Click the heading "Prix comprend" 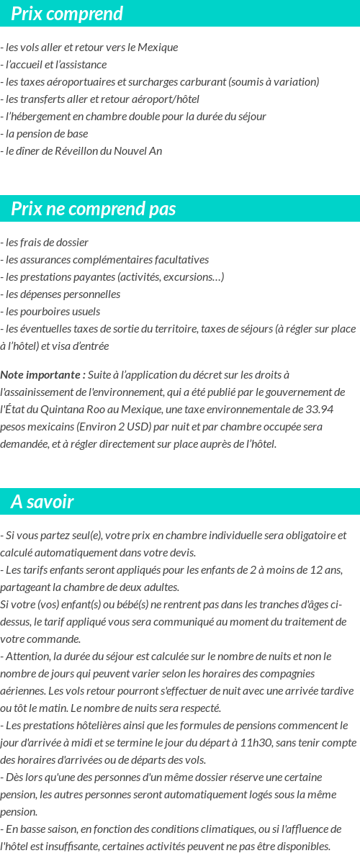coord(67,14)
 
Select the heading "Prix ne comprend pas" coord(94,209)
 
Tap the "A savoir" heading coord(42,502)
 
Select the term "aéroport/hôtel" coord(165,99)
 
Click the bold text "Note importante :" coord(43,375)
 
